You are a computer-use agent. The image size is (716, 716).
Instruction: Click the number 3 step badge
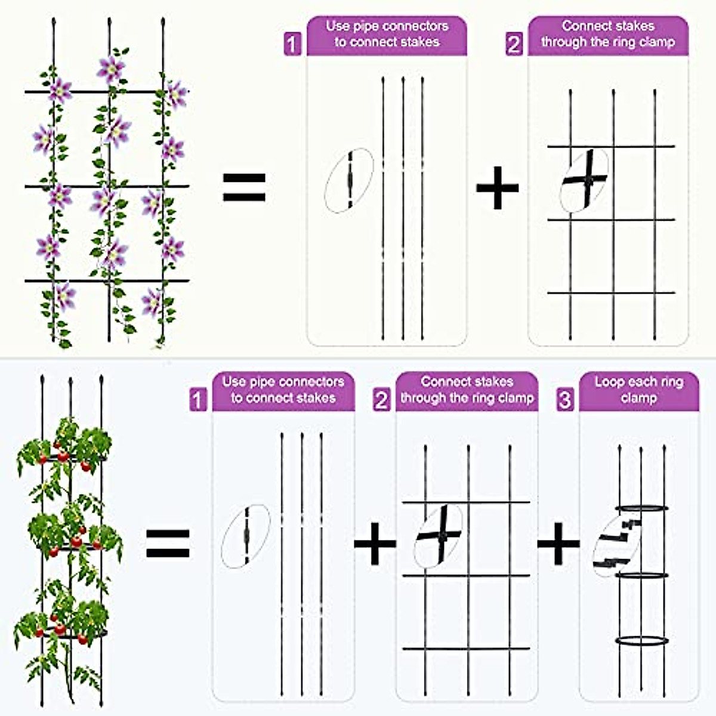564,399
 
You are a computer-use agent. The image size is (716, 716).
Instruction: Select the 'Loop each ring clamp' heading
638,390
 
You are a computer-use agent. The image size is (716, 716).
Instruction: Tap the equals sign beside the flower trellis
244,187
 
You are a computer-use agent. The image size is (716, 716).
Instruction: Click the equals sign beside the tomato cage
168,543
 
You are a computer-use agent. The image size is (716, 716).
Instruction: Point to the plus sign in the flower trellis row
497,187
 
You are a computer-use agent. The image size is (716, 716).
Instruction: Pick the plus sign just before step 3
558,543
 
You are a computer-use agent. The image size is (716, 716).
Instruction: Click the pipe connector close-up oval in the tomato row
245,536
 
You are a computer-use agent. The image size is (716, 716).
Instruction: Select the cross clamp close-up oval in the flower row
584,180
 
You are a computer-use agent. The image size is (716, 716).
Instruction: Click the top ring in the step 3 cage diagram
641,508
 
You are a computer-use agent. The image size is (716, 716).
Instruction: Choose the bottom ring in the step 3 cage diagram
641,641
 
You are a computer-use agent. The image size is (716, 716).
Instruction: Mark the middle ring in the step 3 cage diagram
641,575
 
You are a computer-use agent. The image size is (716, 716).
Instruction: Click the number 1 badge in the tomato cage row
198,399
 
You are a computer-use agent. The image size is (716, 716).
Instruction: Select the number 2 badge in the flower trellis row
514,44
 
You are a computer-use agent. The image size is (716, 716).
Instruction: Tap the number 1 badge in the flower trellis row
292,44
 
